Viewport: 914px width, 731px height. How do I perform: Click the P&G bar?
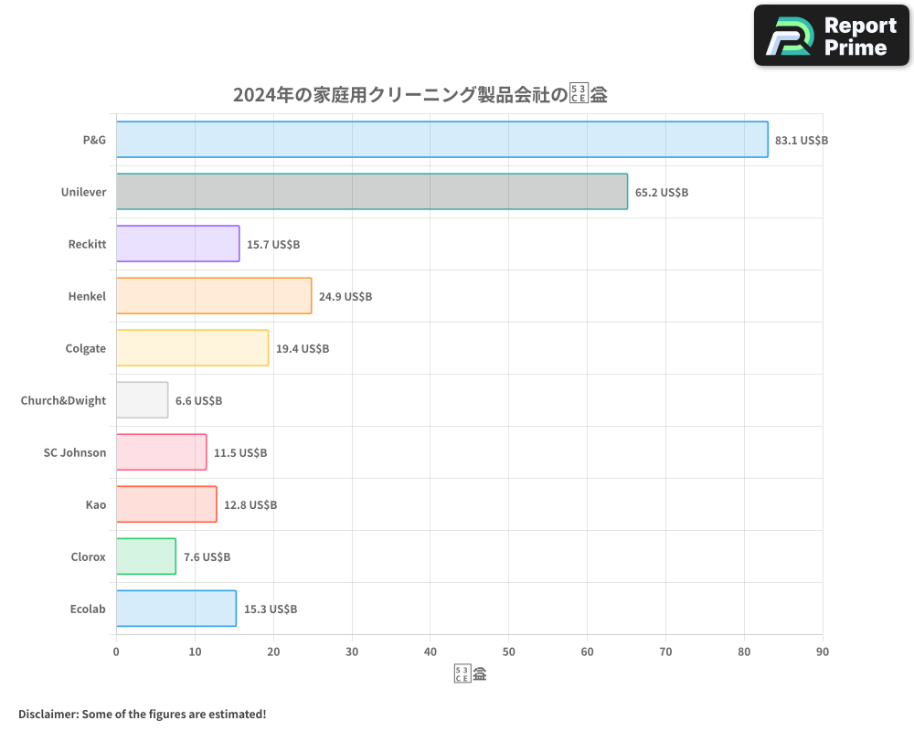point(441,139)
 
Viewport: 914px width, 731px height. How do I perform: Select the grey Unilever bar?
point(372,191)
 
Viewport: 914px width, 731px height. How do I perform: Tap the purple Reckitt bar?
point(177,243)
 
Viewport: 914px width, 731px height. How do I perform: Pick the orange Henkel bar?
point(214,295)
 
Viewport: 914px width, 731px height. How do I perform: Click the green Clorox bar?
point(146,556)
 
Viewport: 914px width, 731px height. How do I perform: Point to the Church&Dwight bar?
point(142,399)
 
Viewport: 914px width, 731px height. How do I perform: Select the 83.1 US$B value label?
point(801,140)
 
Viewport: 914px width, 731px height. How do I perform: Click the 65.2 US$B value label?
point(661,192)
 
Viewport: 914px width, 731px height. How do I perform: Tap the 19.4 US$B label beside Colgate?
point(302,348)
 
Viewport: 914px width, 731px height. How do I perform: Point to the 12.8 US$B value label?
point(250,504)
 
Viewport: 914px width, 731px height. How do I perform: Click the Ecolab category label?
point(88,609)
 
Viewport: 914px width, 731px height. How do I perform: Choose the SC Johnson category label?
point(75,452)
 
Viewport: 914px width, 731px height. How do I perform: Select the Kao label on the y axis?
point(96,504)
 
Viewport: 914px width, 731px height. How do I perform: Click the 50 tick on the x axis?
point(509,652)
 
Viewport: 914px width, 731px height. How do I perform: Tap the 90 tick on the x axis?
point(823,652)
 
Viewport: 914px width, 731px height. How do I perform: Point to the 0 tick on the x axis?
point(116,652)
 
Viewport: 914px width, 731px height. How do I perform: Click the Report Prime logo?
point(831,36)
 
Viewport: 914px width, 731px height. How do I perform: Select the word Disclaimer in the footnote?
point(47,714)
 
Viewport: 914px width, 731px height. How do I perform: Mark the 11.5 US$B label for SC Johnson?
point(239,452)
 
